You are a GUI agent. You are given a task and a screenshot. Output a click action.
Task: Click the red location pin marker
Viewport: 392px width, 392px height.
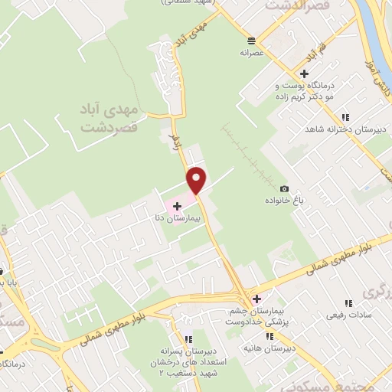point(197,180)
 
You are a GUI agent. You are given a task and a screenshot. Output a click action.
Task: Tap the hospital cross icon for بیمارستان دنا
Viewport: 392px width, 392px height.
point(178,206)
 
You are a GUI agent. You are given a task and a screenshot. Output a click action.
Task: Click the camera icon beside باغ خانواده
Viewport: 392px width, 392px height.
point(284,189)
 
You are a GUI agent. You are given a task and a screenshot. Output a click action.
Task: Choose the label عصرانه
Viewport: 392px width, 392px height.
point(252,53)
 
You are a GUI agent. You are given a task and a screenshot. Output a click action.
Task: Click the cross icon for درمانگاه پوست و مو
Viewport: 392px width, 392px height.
point(305,74)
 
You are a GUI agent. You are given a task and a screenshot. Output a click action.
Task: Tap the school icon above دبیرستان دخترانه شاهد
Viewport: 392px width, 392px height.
point(346,117)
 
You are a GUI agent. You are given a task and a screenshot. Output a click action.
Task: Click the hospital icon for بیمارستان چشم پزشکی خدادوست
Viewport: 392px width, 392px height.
point(256,299)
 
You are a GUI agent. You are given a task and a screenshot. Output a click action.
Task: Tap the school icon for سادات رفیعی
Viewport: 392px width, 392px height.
point(342,302)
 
